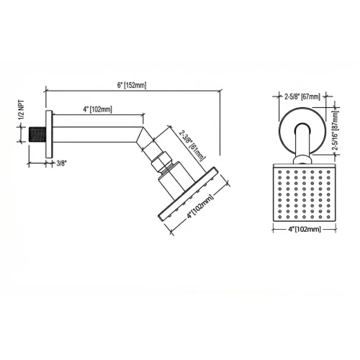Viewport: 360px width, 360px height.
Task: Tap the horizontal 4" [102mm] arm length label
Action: [96, 109]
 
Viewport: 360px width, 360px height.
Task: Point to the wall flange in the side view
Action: [48, 133]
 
